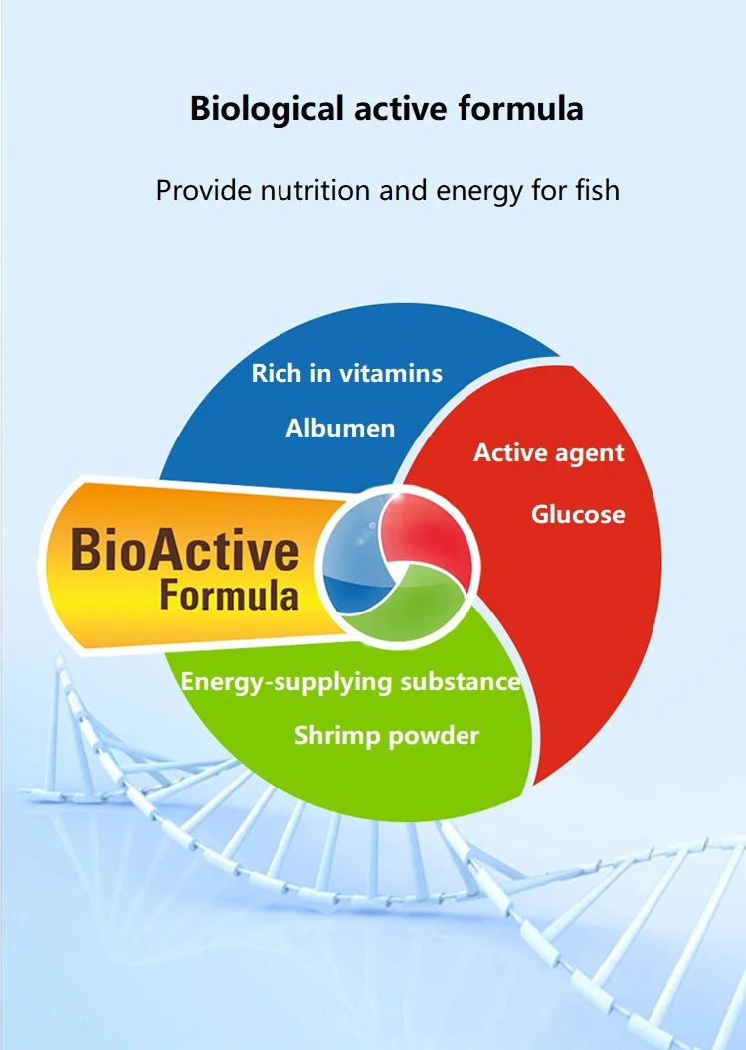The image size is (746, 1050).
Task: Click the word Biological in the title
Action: tap(267, 109)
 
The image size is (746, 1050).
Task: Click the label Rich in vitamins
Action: tap(347, 373)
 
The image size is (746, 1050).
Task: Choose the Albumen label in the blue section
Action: tap(340, 428)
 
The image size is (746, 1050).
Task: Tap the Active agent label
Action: tap(549, 454)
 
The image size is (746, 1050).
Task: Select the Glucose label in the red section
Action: tap(578, 514)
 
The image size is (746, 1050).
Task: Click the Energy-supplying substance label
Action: tap(350, 682)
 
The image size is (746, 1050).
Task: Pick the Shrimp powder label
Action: tap(387, 736)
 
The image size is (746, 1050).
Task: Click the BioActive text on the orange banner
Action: tap(185, 551)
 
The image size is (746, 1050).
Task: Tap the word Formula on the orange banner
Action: tap(229, 596)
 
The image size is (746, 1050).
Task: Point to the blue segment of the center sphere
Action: tap(351, 556)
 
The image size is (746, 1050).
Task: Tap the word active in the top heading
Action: tap(401, 109)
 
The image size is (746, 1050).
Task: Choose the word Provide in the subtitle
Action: tap(204, 190)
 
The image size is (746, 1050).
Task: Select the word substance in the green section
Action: tap(461, 681)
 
